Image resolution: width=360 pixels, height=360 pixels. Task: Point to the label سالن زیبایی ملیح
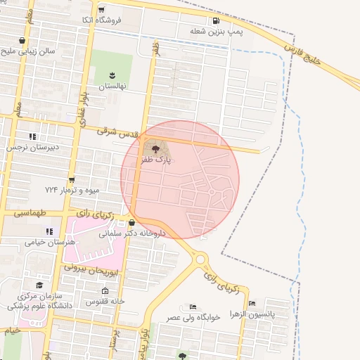tap(27, 52)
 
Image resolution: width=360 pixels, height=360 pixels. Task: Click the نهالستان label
tap(111, 86)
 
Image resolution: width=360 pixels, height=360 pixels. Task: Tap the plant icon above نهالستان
tap(111, 75)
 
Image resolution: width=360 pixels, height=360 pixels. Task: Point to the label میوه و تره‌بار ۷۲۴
tap(72, 191)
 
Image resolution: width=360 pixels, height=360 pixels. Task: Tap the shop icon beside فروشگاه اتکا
tap(103, 11)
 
